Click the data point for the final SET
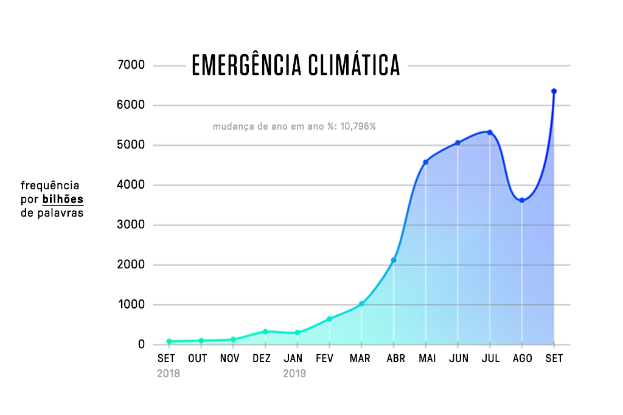pos(554,91)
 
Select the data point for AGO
pos(521,200)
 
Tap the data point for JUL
pos(490,132)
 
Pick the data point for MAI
pos(425,162)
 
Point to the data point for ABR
pos(394,260)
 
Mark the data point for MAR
pos(361,304)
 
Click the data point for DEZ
pos(265,332)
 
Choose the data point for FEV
pos(329,319)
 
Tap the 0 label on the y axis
pos(141,345)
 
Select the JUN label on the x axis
pos(458,359)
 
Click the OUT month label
pos(197,359)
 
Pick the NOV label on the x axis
pos(230,359)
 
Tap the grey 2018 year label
pos(169,374)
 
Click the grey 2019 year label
pos(294,374)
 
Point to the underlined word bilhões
pos(63,200)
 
